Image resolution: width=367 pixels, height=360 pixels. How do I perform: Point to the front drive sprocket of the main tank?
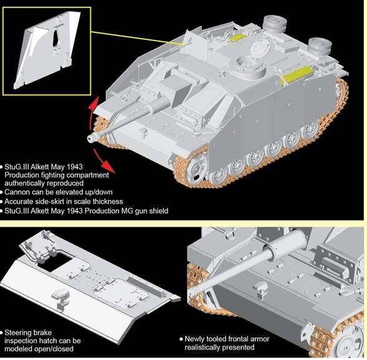[195, 166]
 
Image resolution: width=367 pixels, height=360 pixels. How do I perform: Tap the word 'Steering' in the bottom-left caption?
[19, 333]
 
